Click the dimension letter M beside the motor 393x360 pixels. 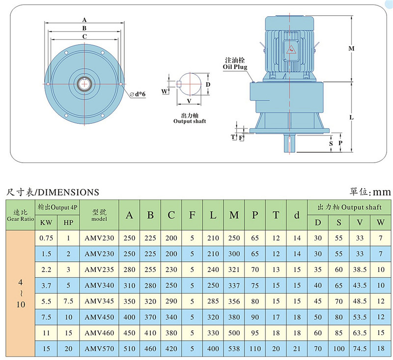(351, 49)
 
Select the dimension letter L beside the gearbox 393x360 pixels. (351, 117)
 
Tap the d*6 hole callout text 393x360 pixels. (138, 94)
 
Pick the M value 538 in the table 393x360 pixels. (234, 349)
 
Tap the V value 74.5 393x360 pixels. (360, 349)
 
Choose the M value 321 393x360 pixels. (234, 270)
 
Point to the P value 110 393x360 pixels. (255, 349)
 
